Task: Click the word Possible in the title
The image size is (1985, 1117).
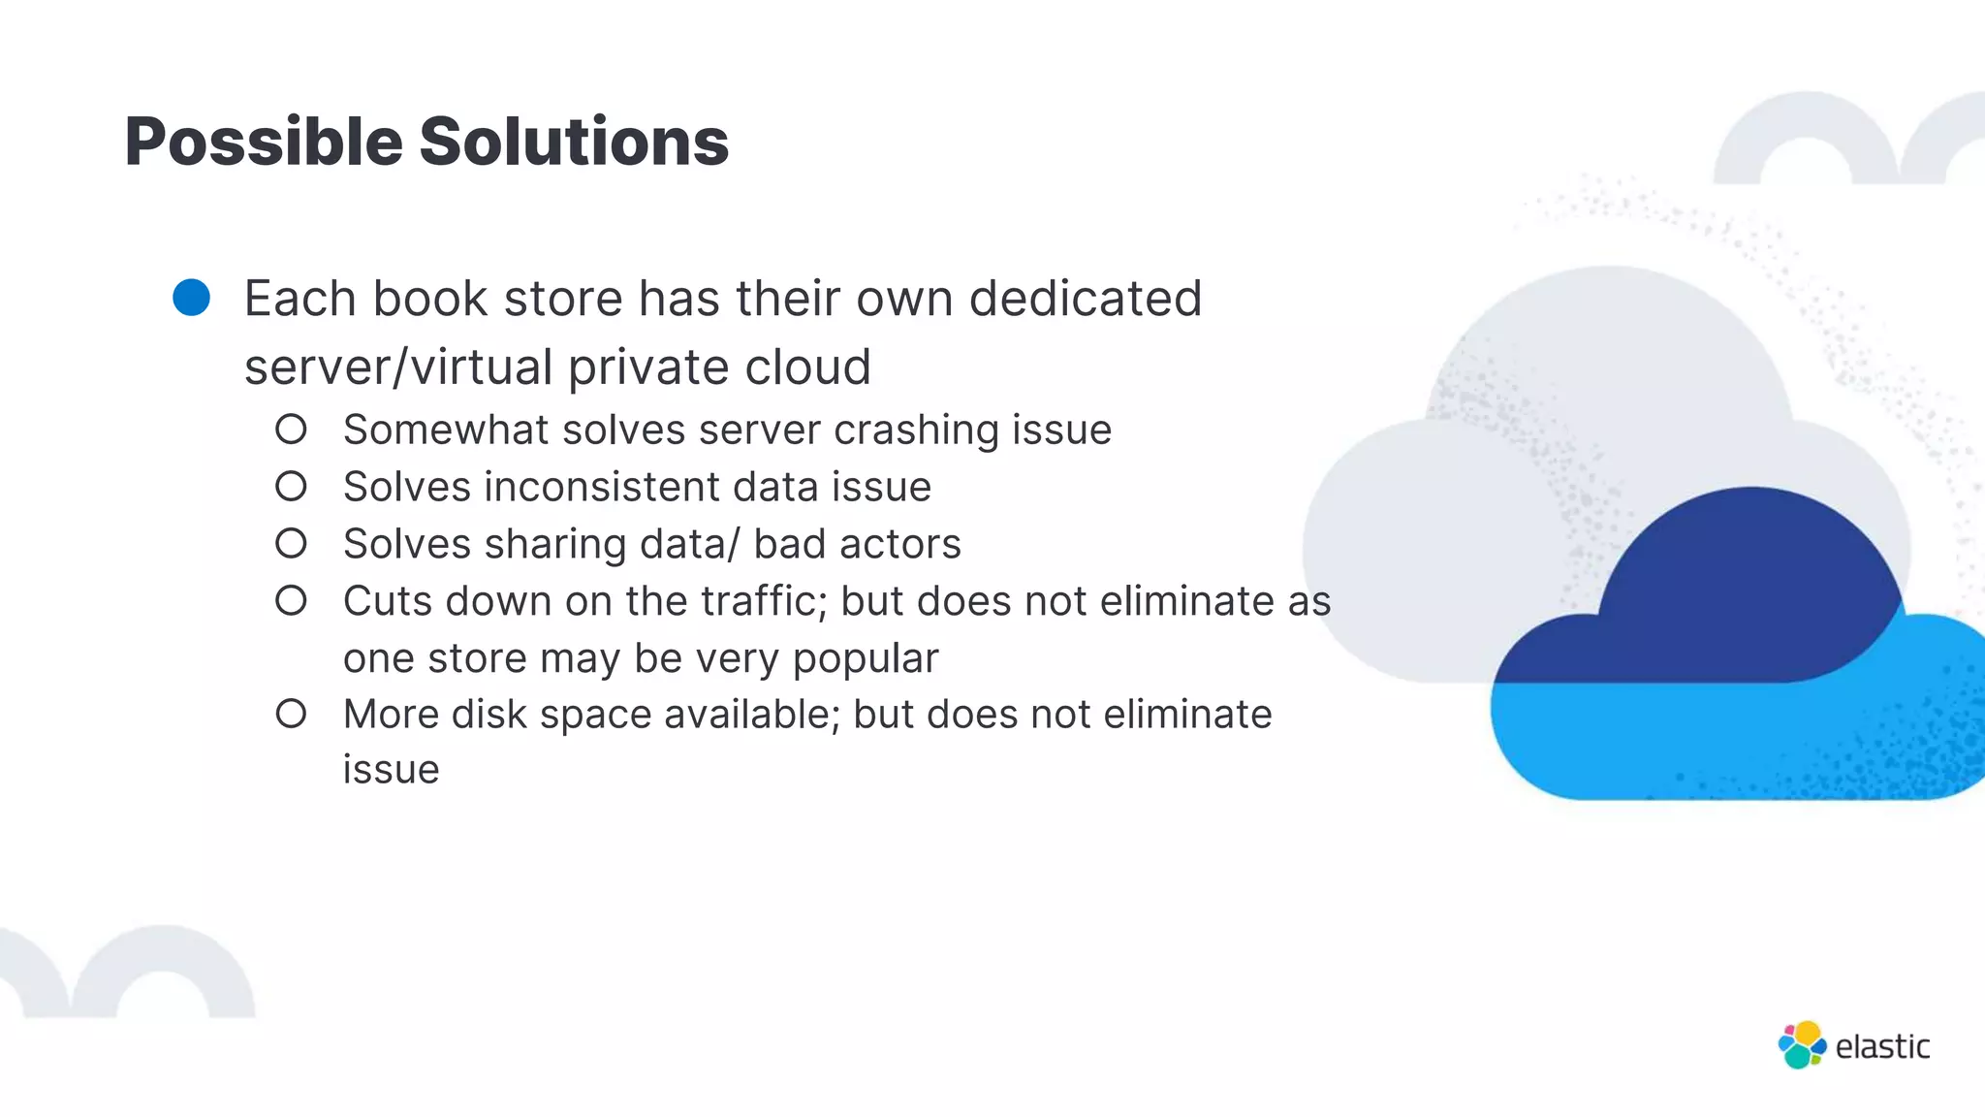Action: (x=263, y=143)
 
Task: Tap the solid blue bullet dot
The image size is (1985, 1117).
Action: (x=192, y=298)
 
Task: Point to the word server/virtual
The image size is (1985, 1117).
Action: (x=398, y=367)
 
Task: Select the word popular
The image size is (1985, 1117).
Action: (x=866, y=658)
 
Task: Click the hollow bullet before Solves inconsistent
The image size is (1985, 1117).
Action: (x=291, y=486)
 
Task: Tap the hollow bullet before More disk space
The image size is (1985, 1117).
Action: (x=291, y=715)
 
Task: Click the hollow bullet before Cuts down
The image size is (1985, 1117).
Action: (x=291, y=600)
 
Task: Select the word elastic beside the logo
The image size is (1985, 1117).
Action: (x=1882, y=1047)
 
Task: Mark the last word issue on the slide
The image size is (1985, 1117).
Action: (x=391, y=770)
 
